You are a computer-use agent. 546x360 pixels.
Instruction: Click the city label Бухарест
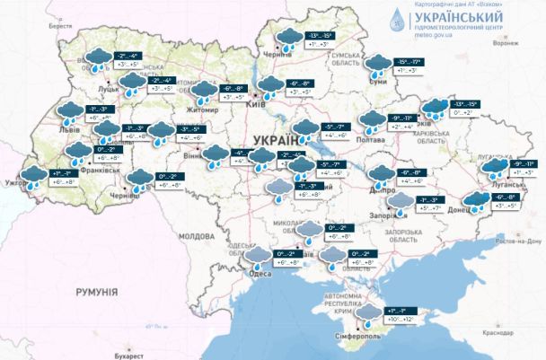tap(115, 354)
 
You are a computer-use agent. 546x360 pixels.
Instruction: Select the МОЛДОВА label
tap(196, 235)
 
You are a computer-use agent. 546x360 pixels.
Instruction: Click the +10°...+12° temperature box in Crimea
tap(401, 319)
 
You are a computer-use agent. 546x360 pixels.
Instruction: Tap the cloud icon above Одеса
tap(260, 259)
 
